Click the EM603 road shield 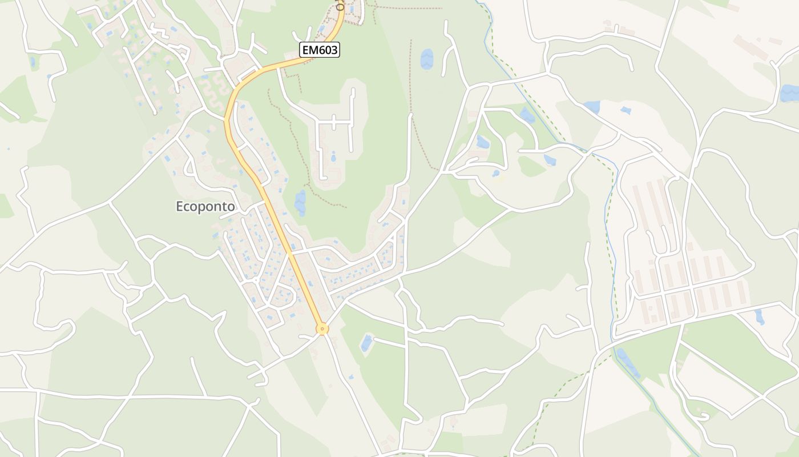[320, 50]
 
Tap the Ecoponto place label [205, 207]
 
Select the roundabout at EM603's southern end [322, 328]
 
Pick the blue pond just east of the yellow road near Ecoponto [300, 202]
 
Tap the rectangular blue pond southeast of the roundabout [366, 343]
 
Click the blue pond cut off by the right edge [790, 93]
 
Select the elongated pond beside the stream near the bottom [628, 362]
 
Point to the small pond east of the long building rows [759, 316]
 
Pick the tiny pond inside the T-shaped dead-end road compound [333, 156]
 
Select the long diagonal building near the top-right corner [750, 47]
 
